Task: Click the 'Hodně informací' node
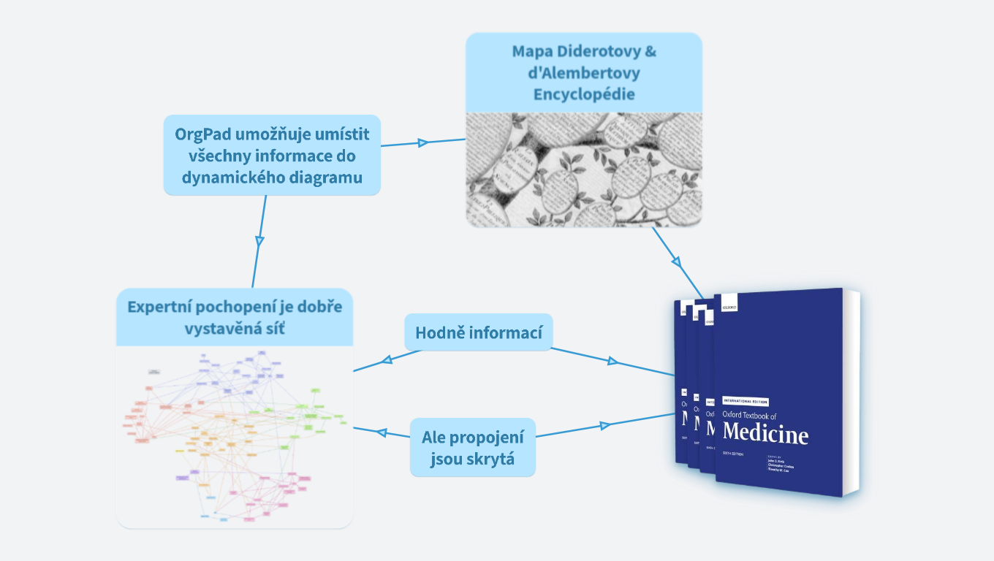coord(479,333)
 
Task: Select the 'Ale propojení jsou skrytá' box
coord(473,448)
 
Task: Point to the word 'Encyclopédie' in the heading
coord(584,94)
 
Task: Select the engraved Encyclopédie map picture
coord(584,169)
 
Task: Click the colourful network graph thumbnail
coord(234,437)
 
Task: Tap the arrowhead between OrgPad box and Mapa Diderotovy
coord(422,143)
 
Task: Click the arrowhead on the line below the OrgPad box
coord(259,240)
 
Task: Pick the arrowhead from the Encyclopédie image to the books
coord(676,261)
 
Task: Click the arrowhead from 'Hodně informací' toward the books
coord(612,362)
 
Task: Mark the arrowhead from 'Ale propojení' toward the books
coord(604,425)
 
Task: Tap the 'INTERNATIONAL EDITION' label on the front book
coord(745,401)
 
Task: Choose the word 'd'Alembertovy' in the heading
coord(584,73)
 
